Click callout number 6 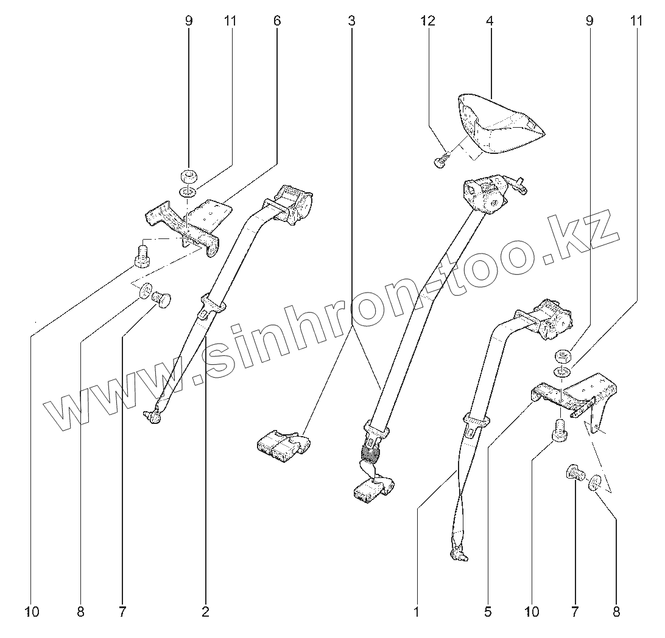coord(277,21)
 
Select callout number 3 coord(351,21)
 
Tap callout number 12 coord(427,21)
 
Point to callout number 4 coord(489,21)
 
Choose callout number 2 coord(205,612)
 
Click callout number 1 coord(417,612)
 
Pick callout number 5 coord(488,612)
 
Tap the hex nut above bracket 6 coord(188,177)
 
